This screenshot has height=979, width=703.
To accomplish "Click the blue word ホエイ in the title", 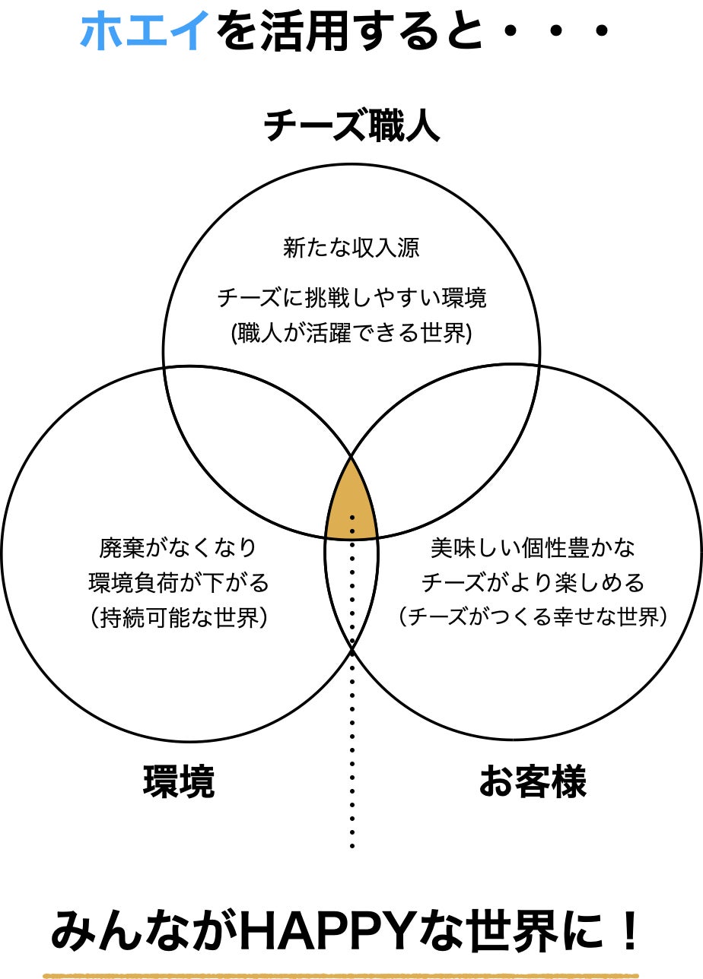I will [145, 31].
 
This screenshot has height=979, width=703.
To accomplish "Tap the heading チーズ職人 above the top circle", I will [351, 126].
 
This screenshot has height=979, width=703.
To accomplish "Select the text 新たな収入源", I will [351, 248].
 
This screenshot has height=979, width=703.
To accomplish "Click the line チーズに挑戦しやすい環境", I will [351, 298].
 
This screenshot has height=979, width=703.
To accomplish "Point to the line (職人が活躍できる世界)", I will [351, 333].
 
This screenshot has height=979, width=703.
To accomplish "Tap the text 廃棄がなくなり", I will [178, 547].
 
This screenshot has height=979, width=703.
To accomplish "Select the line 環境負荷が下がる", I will [178, 583].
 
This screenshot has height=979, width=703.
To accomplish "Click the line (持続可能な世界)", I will [178, 618].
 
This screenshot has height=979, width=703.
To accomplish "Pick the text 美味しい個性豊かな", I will [533, 547].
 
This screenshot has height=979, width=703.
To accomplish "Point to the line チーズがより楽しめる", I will [533, 583].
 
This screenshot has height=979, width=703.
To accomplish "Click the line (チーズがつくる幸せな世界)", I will [533, 618].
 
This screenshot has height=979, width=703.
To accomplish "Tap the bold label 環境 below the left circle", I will [179, 782].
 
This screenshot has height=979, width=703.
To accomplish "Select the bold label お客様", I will [533, 782].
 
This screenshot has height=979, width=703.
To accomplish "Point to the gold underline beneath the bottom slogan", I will [351, 975].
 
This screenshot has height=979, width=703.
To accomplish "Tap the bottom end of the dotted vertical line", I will [351, 846].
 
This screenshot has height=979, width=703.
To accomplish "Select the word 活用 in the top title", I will [288, 31].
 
